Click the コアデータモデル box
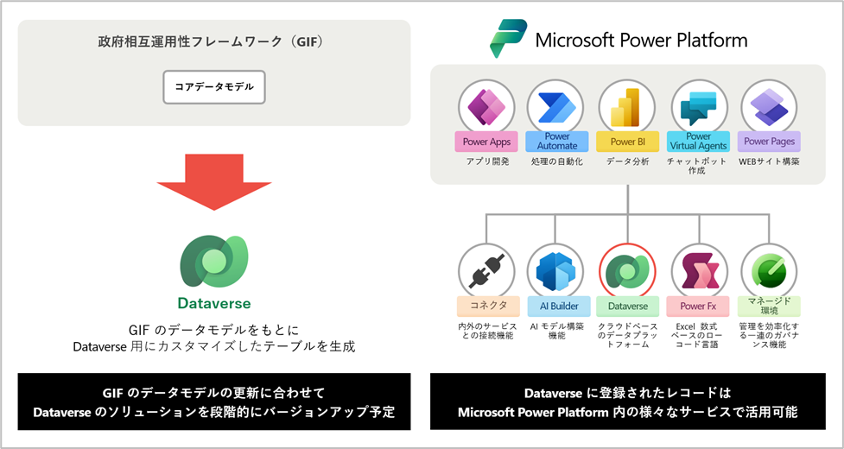pyautogui.click(x=214, y=87)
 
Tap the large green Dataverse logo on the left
pyautogui.click(x=214, y=260)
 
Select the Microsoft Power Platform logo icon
pyautogui.click(x=507, y=39)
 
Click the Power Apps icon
pyautogui.click(x=486, y=108)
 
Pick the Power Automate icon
pyautogui.click(x=556, y=108)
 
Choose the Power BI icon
pyautogui.click(x=628, y=108)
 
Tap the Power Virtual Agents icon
pyautogui.click(x=698, y=108)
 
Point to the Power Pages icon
pyautogui.click(x=769, y=108)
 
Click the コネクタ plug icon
pyautogui.click(x=486, y=271)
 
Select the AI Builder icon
pyautogui.click(x=556, y=271)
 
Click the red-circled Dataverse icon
pyautogui.click(x=628, y=271)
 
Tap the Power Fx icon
pyautogui.click(x=698, y=271)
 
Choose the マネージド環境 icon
pyautogui.click(x=769, y=271)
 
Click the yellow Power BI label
pyautogui.click(x=628, y=142)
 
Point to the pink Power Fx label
pyautogui.click(x=698, y=306)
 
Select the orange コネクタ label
pyautogui.click(x=486, y=306)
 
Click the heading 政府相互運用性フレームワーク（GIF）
pyautogui.click(x=214, y=41)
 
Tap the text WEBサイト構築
pyautogui.click(x=769, y=161)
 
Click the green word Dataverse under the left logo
pyautogui.click(x=214, y=303)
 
